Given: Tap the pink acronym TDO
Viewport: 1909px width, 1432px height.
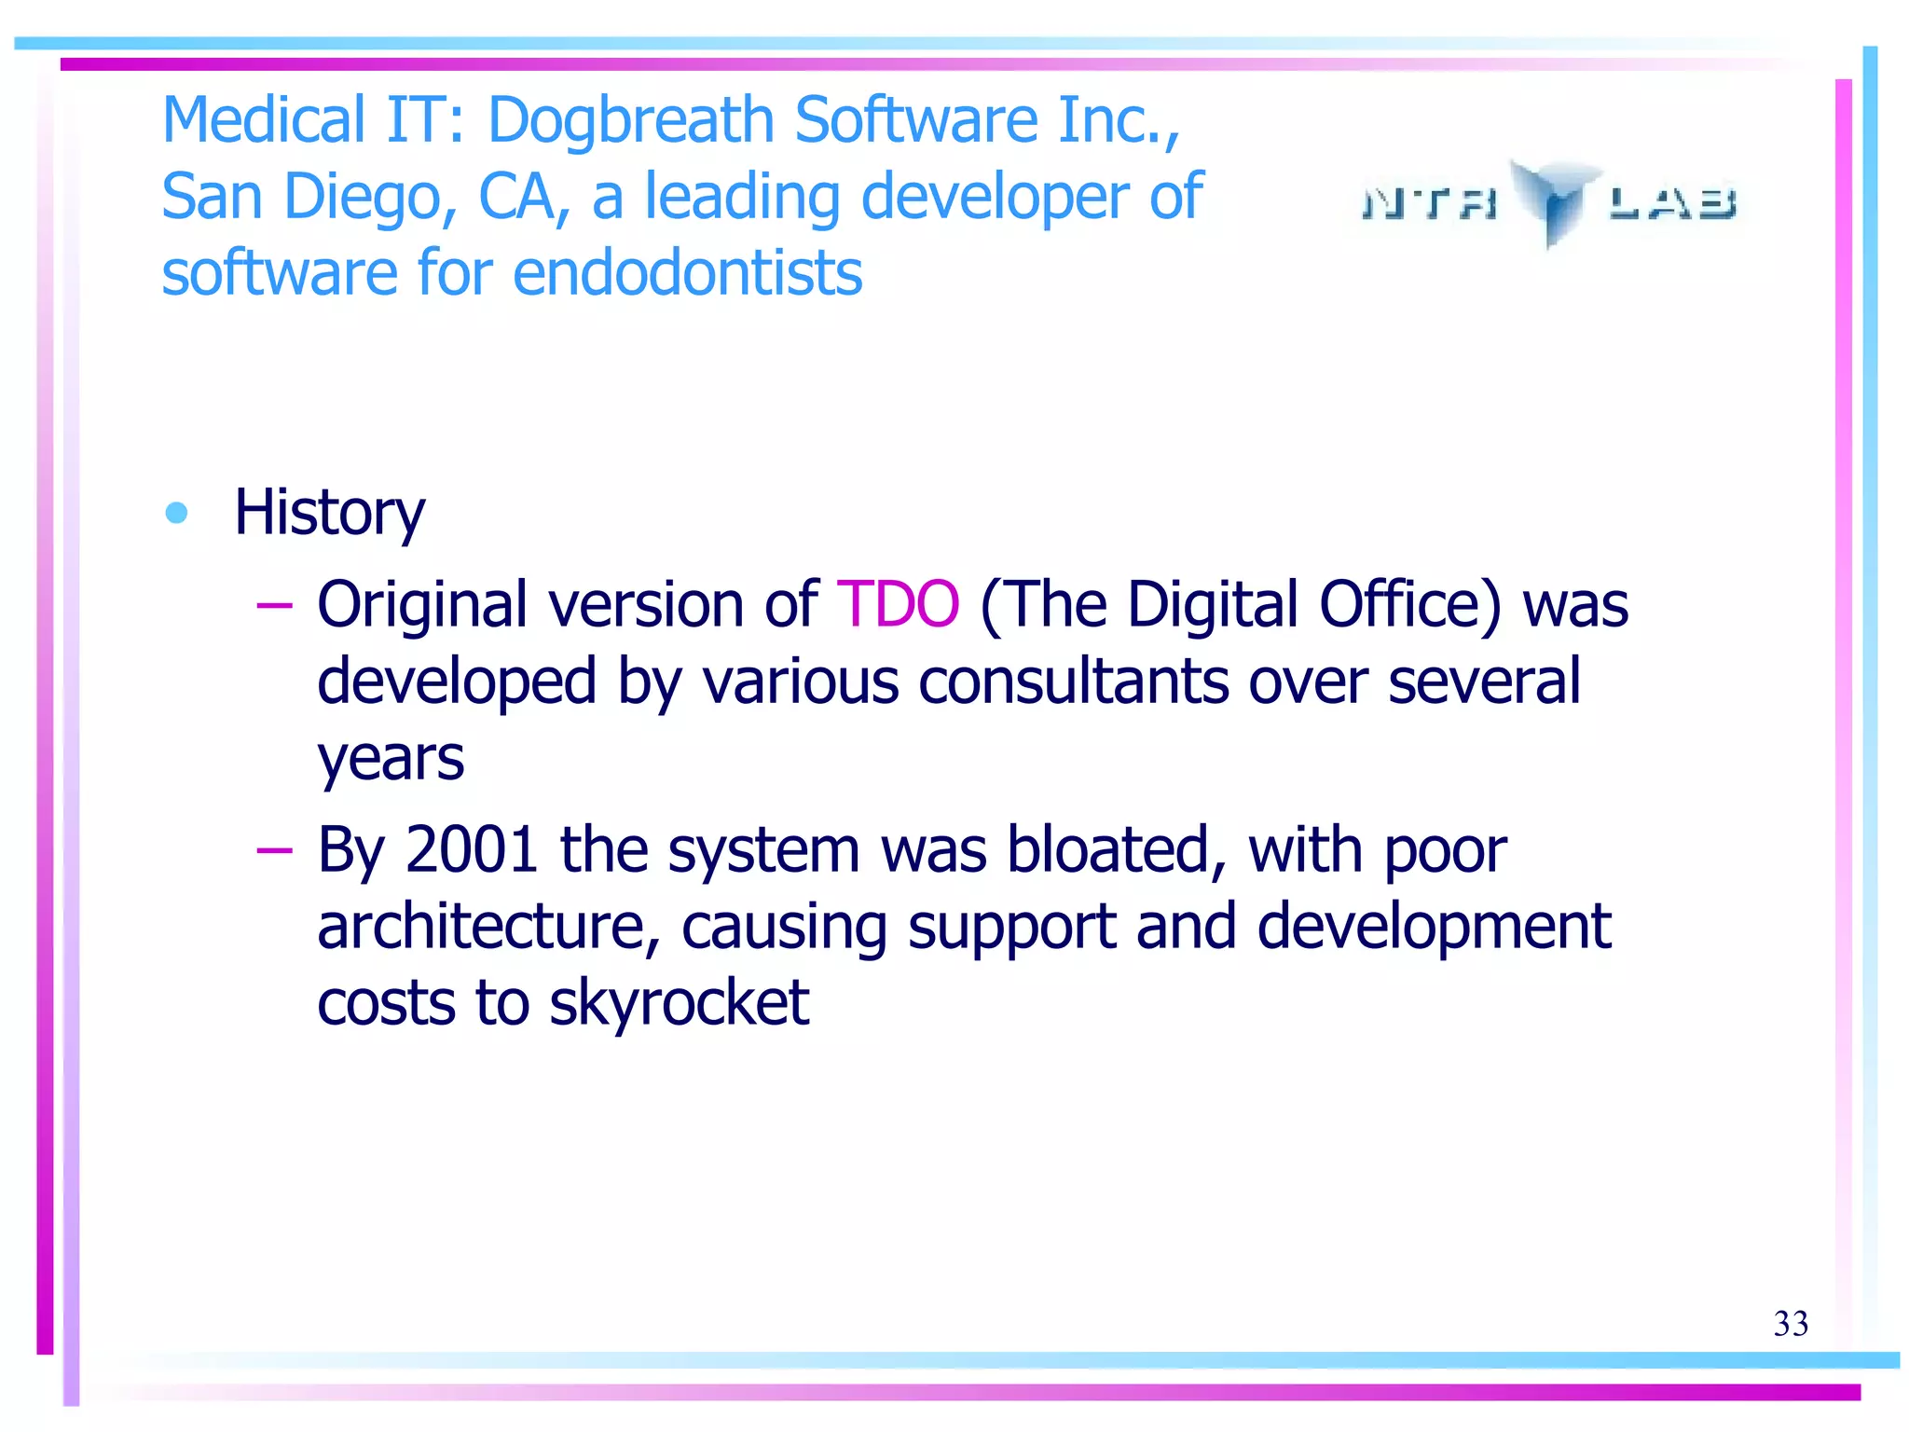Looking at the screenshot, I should pos(898,605).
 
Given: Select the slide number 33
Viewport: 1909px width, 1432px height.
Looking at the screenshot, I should pos(1791,1324).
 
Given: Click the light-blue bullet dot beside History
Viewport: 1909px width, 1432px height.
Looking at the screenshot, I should pos(176,513).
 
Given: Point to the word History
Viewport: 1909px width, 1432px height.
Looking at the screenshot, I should pos(329,514).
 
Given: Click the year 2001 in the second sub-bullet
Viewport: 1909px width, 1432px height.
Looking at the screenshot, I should pos(472,850).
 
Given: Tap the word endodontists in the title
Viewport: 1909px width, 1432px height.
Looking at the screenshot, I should pos(687,273).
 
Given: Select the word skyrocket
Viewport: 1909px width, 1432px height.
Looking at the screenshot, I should pos(679,1003).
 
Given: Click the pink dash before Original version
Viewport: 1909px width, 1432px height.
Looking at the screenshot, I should pos(274,607).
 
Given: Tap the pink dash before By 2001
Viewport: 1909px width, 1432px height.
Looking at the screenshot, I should pos(274,851).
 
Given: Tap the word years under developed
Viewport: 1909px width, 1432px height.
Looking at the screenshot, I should pos(391,759).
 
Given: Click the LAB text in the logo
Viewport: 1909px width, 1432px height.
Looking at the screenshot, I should pos(1672,202).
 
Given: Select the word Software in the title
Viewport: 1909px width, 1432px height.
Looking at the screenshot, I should pos(915,121).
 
